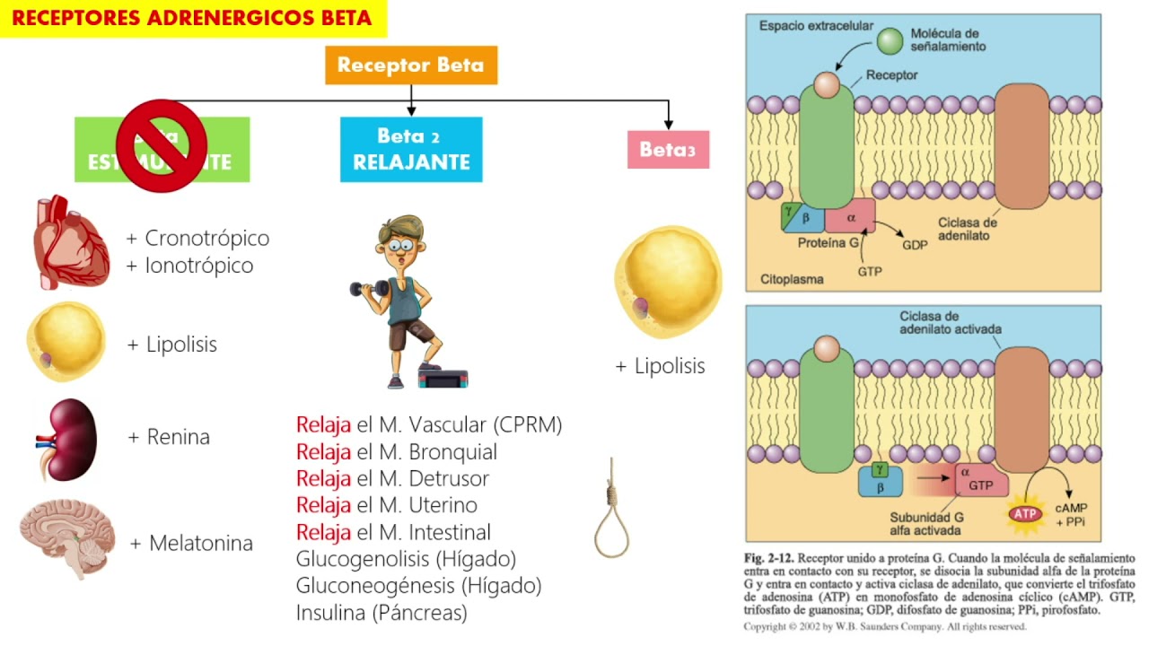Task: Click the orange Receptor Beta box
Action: pos(410,65)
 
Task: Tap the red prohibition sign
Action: pos(162,145)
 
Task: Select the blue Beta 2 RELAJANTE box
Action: pos(411,149)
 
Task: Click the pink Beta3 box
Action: pos(668,150)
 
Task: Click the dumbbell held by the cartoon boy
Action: pos(369,289)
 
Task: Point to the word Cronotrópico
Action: pos(206,239)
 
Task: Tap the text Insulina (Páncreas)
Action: pos(382,613)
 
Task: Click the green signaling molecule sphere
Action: pos(890,40)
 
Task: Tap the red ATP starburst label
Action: pos(1024,514)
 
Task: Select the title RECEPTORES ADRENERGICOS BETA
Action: pos(192,19)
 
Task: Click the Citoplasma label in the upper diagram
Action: pos(792,279)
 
